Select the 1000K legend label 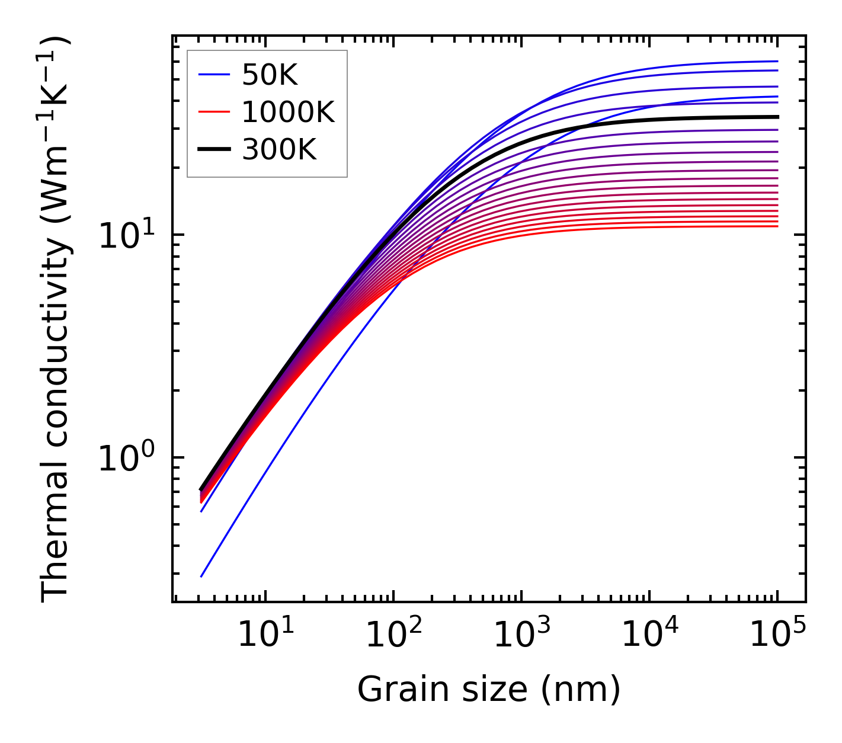pyautogui.click(x=288, y=112)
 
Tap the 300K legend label pyautogui.click(x=279, y=150)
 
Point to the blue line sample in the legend pyautogui.click(x=214, y=75)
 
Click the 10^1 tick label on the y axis pyautogui.click(x=125, y=236)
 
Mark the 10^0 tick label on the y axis pyautogui.click(x=125, y=459)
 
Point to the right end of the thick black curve pyautogui.click(x=777, y=117)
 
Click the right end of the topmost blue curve pyautogui.click(x=777, y=61)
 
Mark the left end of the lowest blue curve pyautogui.click(x=202, y=576)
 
